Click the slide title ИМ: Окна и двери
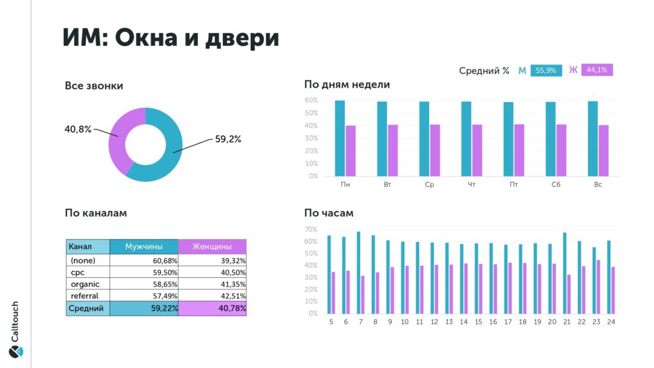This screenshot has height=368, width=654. tap(171, 38)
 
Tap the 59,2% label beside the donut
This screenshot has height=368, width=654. tap(228, 139)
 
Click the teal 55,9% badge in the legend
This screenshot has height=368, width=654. tap(546, 70)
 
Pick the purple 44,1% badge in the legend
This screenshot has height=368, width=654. tap(597, 70)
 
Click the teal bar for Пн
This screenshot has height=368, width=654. tap(340, 138)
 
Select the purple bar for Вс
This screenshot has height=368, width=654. tap(604, 150)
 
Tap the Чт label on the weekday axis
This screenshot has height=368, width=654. tap(471, 185)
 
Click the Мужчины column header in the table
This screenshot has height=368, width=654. tap(144, 246)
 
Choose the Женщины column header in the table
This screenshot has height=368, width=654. tap(212, 246)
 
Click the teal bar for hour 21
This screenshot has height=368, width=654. tap(565, 273)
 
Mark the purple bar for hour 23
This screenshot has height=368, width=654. tap(598, 287)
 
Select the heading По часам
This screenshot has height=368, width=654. tap(329, 213)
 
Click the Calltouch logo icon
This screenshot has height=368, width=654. tap(16, 351)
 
